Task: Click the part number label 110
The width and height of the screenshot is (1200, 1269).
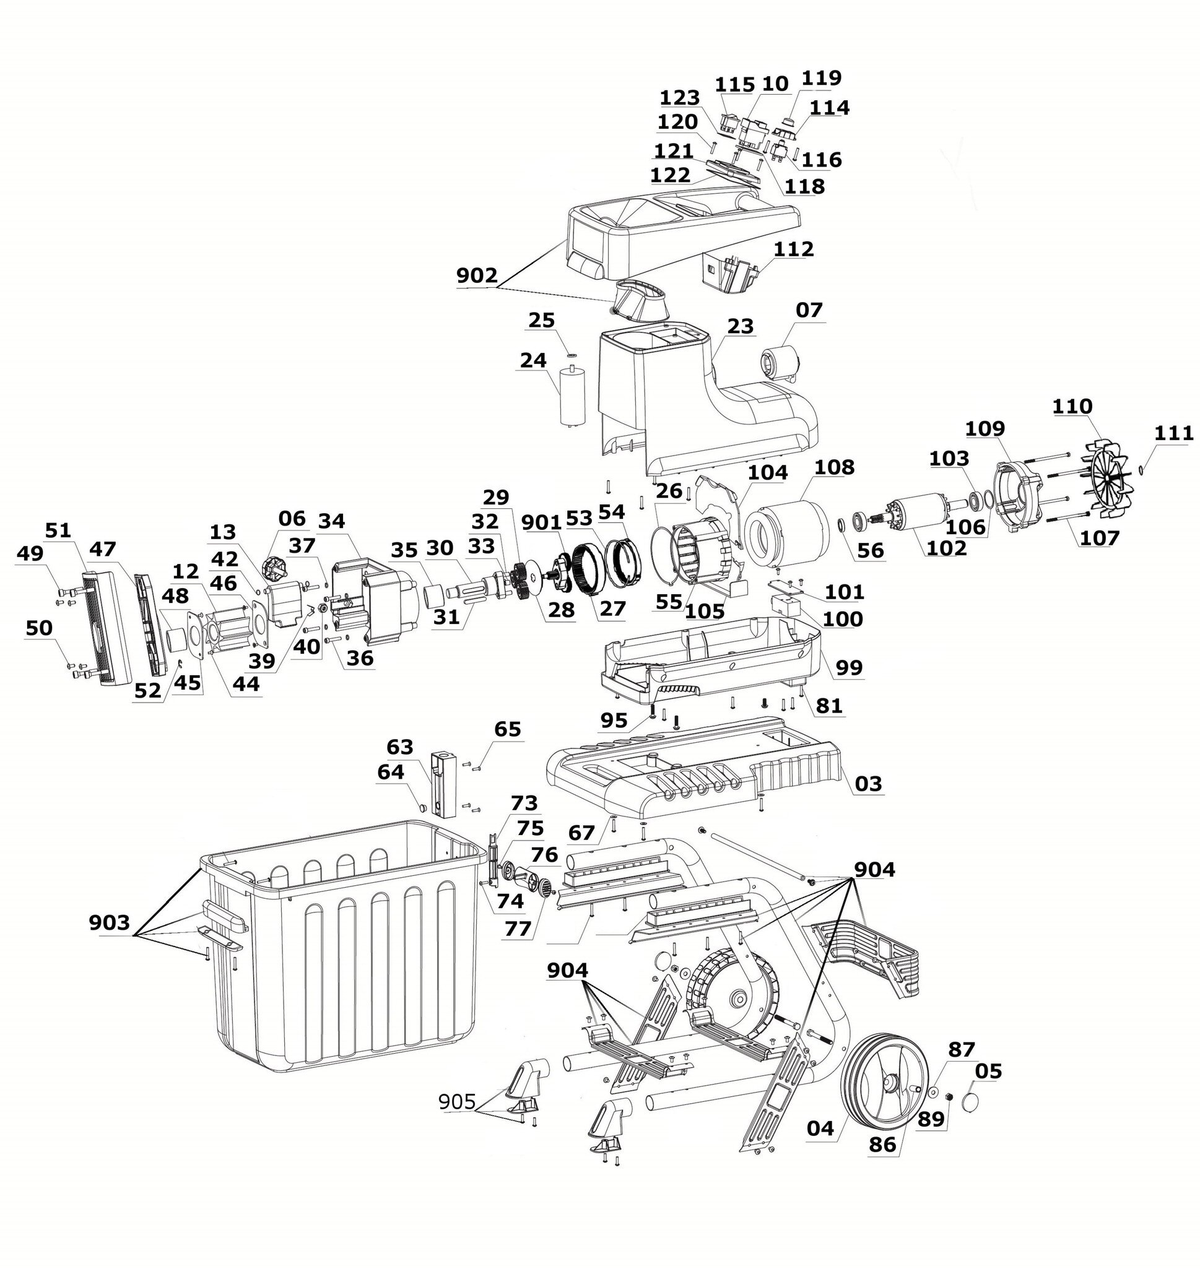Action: pyautogui.click(x=1072, y=407)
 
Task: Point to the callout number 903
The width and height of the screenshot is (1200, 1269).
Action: pyautogui.click(x=110, y=922)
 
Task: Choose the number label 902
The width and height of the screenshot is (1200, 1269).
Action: pyautogui.click(x=477, y=275)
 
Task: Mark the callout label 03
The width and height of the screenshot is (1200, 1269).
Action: pyautogui.click(x=868, y=784)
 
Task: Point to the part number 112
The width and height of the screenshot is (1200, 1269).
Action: pyautogui.click(x=793, y=249)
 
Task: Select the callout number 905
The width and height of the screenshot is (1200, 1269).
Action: pyautogui.click(x=457, y=1101)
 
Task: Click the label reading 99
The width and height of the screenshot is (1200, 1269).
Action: pyautogui.click(x=850, y=667)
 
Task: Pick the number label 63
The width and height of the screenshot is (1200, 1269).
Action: pyautogui.click(x=400, y=747)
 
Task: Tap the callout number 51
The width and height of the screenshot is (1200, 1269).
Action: pyautogui.click(x=58, y=531)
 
